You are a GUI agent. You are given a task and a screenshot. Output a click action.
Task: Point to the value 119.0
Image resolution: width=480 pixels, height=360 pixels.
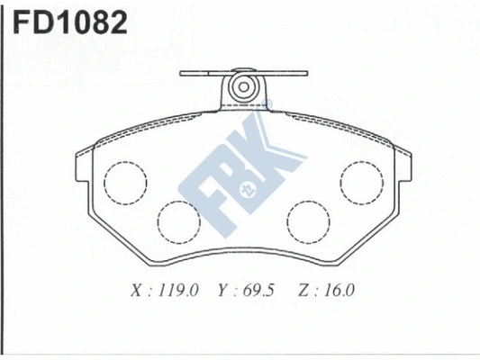click(x=177, y=291)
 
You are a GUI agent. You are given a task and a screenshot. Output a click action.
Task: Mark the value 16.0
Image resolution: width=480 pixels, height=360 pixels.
click(x=340, y=291)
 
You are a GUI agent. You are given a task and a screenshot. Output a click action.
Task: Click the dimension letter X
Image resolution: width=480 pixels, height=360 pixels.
click(x=137, y=291)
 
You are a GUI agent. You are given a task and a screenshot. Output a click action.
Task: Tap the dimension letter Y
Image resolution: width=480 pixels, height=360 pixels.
click(x=221, y=291)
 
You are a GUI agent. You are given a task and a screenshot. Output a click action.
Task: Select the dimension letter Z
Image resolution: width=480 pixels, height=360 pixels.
click(x=302, y=291)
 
